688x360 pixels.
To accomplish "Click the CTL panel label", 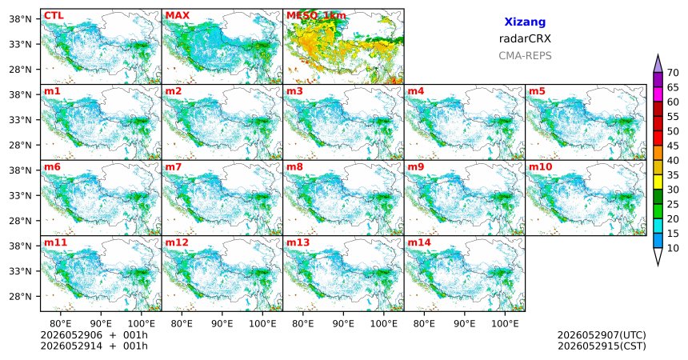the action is (54, 16).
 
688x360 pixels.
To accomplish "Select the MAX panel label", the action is (178, 16).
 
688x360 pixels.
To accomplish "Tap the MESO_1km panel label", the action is (316, 16).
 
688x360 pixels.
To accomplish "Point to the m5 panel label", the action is (537, 91).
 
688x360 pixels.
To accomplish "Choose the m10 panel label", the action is (540, 167).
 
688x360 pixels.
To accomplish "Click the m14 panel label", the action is (419, 242).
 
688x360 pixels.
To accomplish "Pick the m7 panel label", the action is (174, 167).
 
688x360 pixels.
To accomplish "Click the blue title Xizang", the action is (525, 22).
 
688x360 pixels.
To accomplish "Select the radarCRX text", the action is (525, 38).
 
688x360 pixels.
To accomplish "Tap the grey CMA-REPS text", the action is (525, 56).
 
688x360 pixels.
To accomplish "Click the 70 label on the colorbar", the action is (673, 73).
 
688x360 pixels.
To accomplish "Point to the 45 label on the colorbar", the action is (673, 146).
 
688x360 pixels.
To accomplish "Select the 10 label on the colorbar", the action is (673, 248).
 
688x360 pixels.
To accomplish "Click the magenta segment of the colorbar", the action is (658, 94).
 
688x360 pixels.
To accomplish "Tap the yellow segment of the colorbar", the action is (658, 182).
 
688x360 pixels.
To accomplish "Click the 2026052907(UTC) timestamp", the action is (602, 335).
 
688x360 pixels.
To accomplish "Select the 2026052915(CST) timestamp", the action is (602, 346).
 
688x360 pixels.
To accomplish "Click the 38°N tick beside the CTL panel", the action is (20, 19).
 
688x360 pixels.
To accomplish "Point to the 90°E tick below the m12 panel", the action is (222, 324).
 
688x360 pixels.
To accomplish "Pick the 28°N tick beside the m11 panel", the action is (20, 296).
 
